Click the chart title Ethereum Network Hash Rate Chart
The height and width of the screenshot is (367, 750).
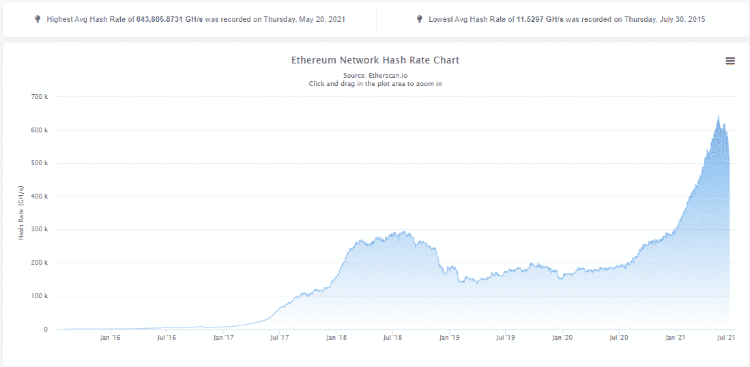(375, 60)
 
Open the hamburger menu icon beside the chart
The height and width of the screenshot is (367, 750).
(730, 61)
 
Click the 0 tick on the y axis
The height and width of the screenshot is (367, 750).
(46, 329)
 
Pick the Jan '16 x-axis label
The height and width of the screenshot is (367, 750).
(110, 337)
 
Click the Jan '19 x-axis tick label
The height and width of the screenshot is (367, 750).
(448, 337)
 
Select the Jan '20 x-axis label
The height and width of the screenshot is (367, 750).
(562, 337)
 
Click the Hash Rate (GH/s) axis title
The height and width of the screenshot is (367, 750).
(21, 212)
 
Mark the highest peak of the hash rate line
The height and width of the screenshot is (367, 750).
(719, 117)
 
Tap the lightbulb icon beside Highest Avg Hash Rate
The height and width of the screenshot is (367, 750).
(38, 19)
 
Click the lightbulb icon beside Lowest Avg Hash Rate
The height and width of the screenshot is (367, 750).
(419, 19)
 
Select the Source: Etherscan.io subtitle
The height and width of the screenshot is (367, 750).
(375, 75)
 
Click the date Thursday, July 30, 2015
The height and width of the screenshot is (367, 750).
(664, 20)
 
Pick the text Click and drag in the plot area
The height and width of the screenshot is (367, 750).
(375, 83)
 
